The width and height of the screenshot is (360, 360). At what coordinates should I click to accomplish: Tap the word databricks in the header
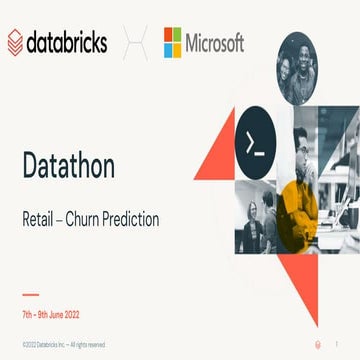tap(69, 43)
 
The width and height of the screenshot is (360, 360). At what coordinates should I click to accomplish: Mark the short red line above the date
tap(30, 295)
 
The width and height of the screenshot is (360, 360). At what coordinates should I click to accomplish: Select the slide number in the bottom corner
tap(341, 344)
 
